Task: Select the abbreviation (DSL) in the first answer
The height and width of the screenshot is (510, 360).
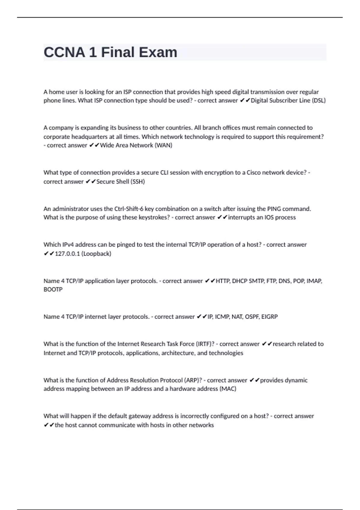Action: coord(319,100)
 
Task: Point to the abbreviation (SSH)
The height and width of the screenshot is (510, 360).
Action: coord(138,181)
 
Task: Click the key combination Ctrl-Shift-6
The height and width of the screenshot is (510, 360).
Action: coord(129,209)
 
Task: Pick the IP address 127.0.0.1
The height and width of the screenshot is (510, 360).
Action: coord(67,254)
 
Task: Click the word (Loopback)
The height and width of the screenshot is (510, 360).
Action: coord(96,254)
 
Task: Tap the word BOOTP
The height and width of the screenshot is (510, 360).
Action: coord(53,289)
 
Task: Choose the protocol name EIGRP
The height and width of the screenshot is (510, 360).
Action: coord(269,317)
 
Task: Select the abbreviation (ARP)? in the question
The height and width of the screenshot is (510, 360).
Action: coord(192,380)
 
